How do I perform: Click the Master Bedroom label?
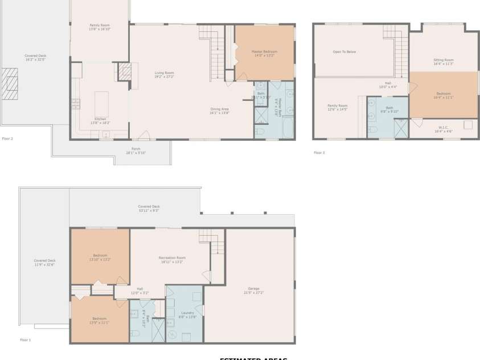tap(264, 54)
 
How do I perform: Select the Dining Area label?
tap(219, 111)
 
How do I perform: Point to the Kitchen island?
tap(101, 103)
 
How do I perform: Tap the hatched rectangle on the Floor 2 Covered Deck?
tap(10, 84)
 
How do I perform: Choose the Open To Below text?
tap(344, 52)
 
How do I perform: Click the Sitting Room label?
tap(444, 62)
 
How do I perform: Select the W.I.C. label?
tap(444, 129)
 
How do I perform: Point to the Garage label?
tap(254, 290)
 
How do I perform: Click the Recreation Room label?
tap(172, 260)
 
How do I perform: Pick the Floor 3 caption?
tap(319, 153)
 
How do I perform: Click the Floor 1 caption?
tap(26, 340)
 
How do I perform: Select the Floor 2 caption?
tap(7, 138)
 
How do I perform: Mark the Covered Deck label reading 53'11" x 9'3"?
tap(149, 208)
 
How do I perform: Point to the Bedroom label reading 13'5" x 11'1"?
tap(100, 320)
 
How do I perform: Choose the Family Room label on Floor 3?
tap(337, 107)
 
